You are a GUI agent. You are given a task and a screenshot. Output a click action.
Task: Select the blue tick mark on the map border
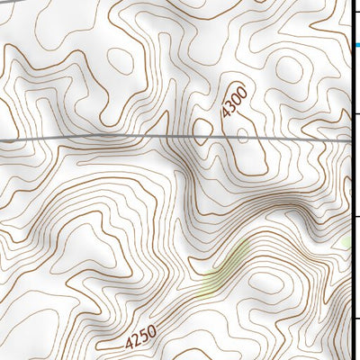point(356,44)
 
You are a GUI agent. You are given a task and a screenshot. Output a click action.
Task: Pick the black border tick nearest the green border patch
point(356,217)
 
